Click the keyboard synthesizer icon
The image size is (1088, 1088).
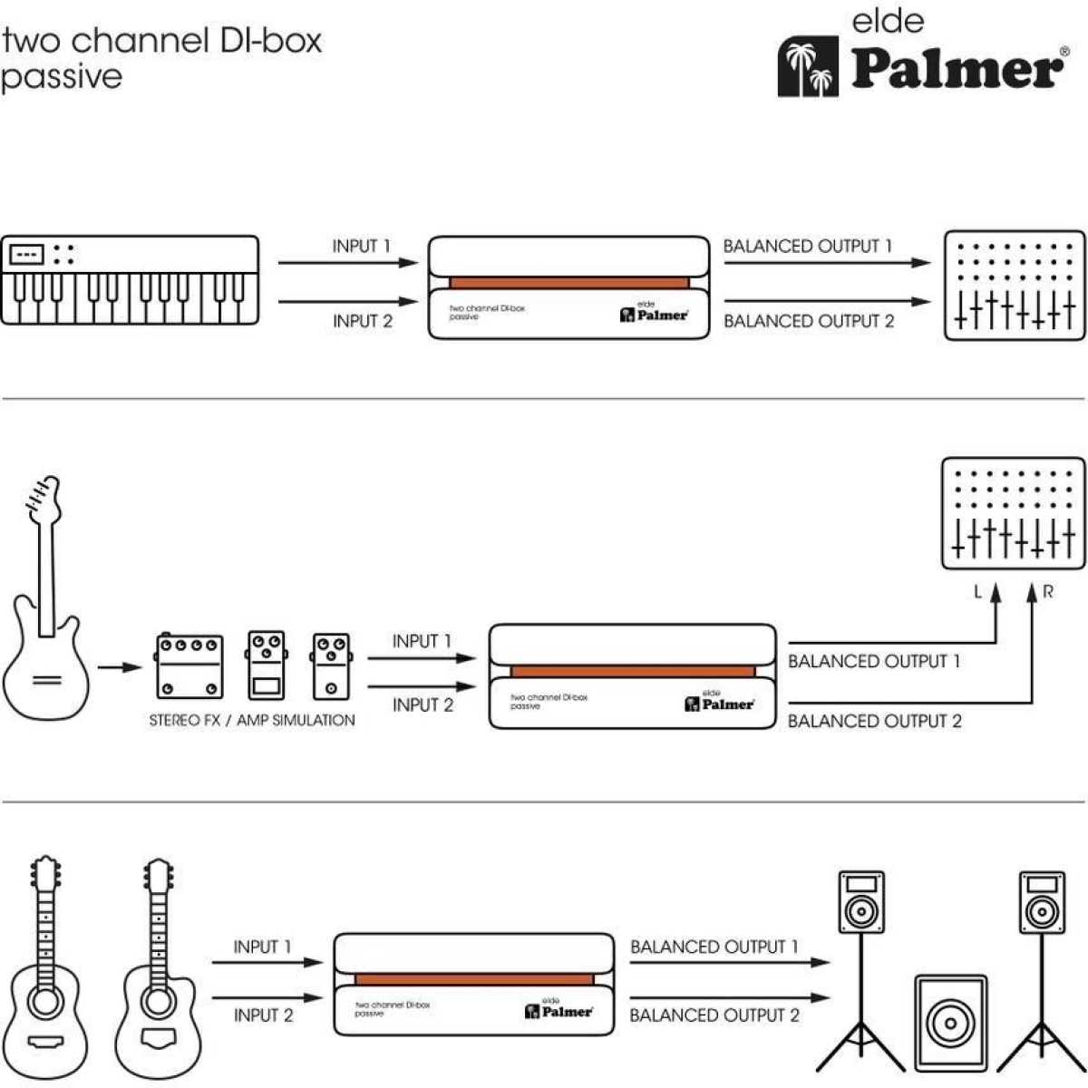pyautogui.click(x=130, y=280)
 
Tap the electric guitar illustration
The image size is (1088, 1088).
pyautogui.click(x=46, y=598)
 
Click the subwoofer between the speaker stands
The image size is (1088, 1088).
pyautogui.click(x=951, y=1024)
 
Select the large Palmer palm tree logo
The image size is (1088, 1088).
pyautogui.click(x=808, y=66)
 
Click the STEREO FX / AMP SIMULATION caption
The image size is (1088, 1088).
pyautogui.click(x=252, y=721)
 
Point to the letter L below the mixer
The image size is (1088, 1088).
pyautogui.click(x=978, y=592)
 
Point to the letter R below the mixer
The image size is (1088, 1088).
pyautogui.click(x=1048, y=592)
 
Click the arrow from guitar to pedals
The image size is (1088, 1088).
pyautogui.click(x=119, y=667)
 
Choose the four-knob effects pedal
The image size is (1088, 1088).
pyautogui.click(x=189, y=666)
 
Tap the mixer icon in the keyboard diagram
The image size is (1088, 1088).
pyautogui.click(x=1015, y=285)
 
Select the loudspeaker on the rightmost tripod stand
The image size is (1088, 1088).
pyautogui.click(x=1043, y=901)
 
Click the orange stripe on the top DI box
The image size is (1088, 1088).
pyautogui.click(x=569, y=282)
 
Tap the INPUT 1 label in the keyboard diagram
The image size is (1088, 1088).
pyautogui.click(x=362, y=247)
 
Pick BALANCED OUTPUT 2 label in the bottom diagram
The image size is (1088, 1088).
pyautogui.click(x=714, y=1015)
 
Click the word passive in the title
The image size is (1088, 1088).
pyautogui.click(x=62, y=78)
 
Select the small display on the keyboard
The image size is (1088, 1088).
pyautogui.click(x=26, y=255)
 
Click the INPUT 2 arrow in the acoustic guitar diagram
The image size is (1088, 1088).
pyautogui.click(x=267, y=997)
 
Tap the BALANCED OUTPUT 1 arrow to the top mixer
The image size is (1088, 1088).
pyautogui.click(x=827, y=263)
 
